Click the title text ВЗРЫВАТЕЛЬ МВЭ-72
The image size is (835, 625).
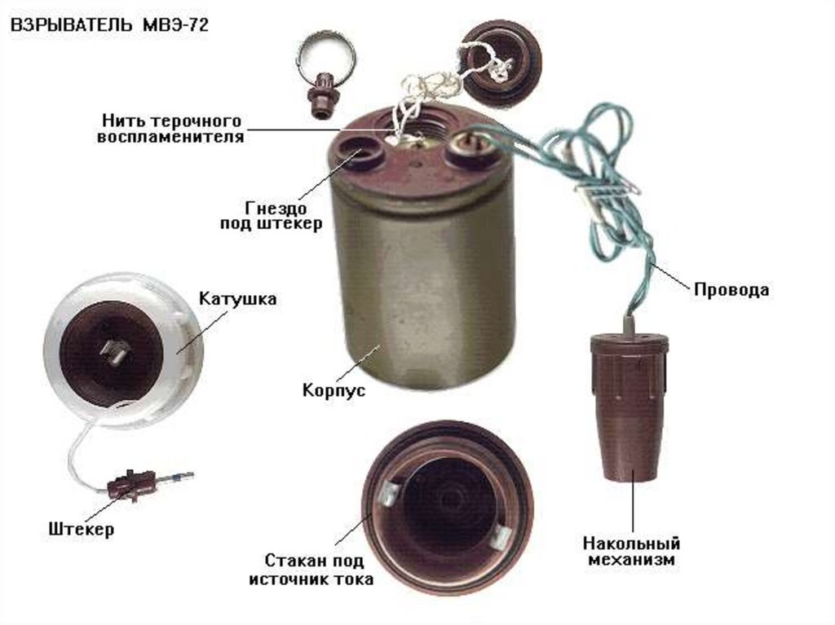(x=109, y=25)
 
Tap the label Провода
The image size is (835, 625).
(x=731, y=290)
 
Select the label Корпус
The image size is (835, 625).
(x=334, y=390)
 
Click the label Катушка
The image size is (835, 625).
(x=237, y=299)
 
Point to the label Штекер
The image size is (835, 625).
(x=81, y=529)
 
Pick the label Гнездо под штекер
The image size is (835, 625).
(x=271, y=214)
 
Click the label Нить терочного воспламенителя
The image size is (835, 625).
(x=170, y=128)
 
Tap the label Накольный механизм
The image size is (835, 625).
(x=632, y=552)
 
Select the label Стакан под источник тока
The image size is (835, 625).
(x=311, y=570)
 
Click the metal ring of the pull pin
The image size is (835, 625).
(x=326, y=54)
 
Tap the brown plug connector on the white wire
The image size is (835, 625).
(x=130, y=485)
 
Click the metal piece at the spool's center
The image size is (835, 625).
(x=116, y=351)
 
